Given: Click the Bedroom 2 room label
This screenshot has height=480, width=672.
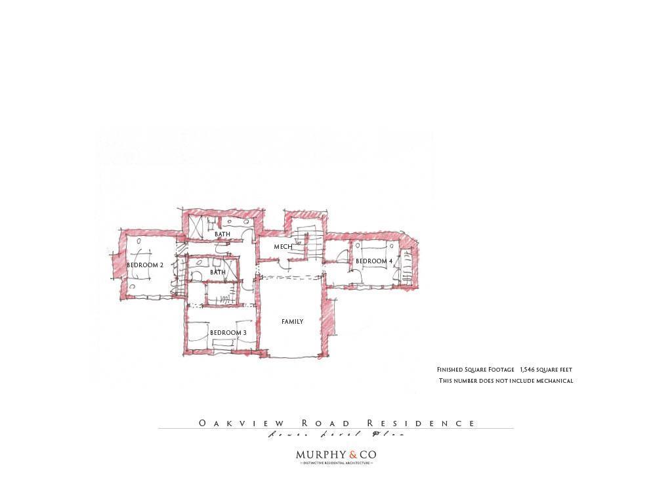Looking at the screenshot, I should (x=145, y=265).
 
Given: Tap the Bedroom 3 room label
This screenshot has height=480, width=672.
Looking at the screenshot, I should (x=228, y=333).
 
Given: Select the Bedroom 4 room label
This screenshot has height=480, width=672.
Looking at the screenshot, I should (x=374, y=261).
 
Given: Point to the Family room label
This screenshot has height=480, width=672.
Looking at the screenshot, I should (x=293, y=322).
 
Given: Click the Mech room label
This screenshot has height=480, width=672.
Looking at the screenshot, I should (x=283, y=247).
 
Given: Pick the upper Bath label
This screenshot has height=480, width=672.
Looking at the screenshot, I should (x=222, y=234).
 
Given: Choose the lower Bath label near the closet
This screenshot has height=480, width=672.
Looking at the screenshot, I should (x=218, y=273).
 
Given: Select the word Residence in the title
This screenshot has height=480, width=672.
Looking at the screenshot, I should (x=421, y=424).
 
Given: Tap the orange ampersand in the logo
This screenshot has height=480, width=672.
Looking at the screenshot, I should (x=353, y=454).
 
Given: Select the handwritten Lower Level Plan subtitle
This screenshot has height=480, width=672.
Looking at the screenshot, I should (x=335, y=434).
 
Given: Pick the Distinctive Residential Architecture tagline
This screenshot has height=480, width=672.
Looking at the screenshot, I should (x=336, y=463).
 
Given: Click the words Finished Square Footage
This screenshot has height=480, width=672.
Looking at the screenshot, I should (x=476, y=370).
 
